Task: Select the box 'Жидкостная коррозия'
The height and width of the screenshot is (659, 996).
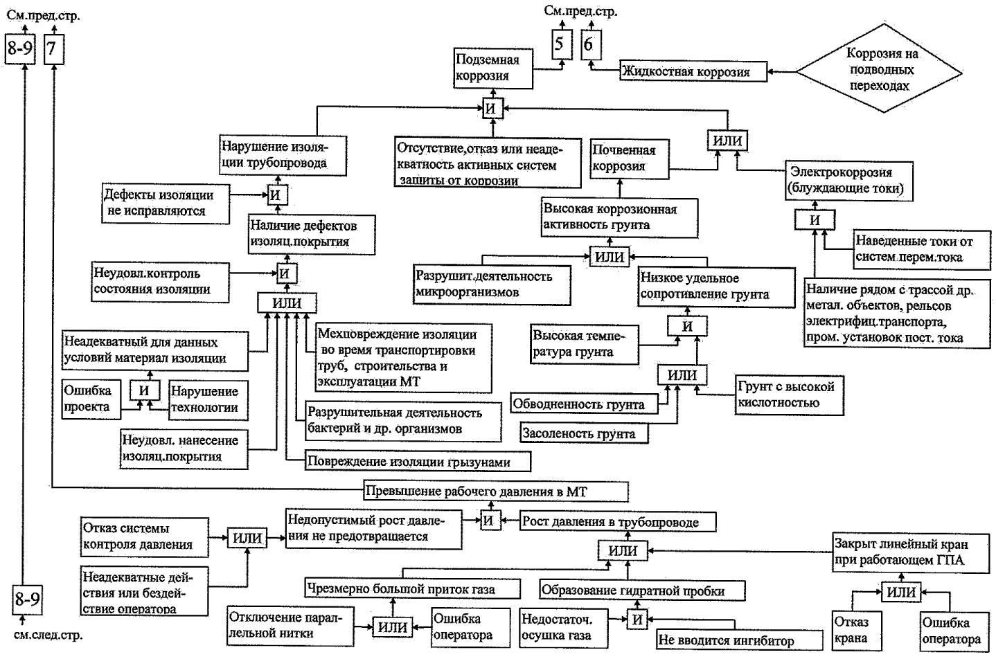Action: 693,71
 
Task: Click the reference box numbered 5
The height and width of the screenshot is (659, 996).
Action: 560,46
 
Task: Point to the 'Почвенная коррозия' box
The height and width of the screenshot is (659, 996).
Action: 629,158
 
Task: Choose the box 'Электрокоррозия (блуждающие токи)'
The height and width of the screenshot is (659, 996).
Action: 851,180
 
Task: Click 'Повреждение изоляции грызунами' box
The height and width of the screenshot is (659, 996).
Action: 418,462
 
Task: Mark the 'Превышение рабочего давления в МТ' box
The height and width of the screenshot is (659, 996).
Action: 495,492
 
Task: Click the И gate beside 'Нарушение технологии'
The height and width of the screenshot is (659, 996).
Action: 143,390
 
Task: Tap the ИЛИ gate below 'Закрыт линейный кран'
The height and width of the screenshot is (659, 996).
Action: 900,593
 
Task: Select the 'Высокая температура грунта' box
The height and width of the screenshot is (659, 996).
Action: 583,344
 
